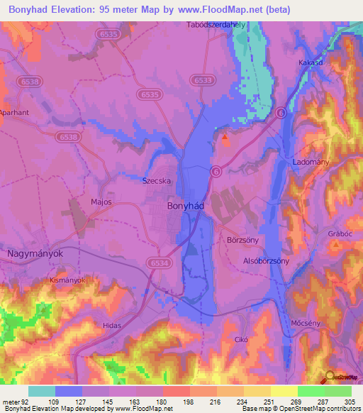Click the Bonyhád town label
click(x=188, y=206)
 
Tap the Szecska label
click(x=157, y=181)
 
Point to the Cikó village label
click(x=241, y=340)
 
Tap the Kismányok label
click(x=67, y=280)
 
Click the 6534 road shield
click(x=160, y=263)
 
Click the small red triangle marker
click(x=225, y=138)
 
